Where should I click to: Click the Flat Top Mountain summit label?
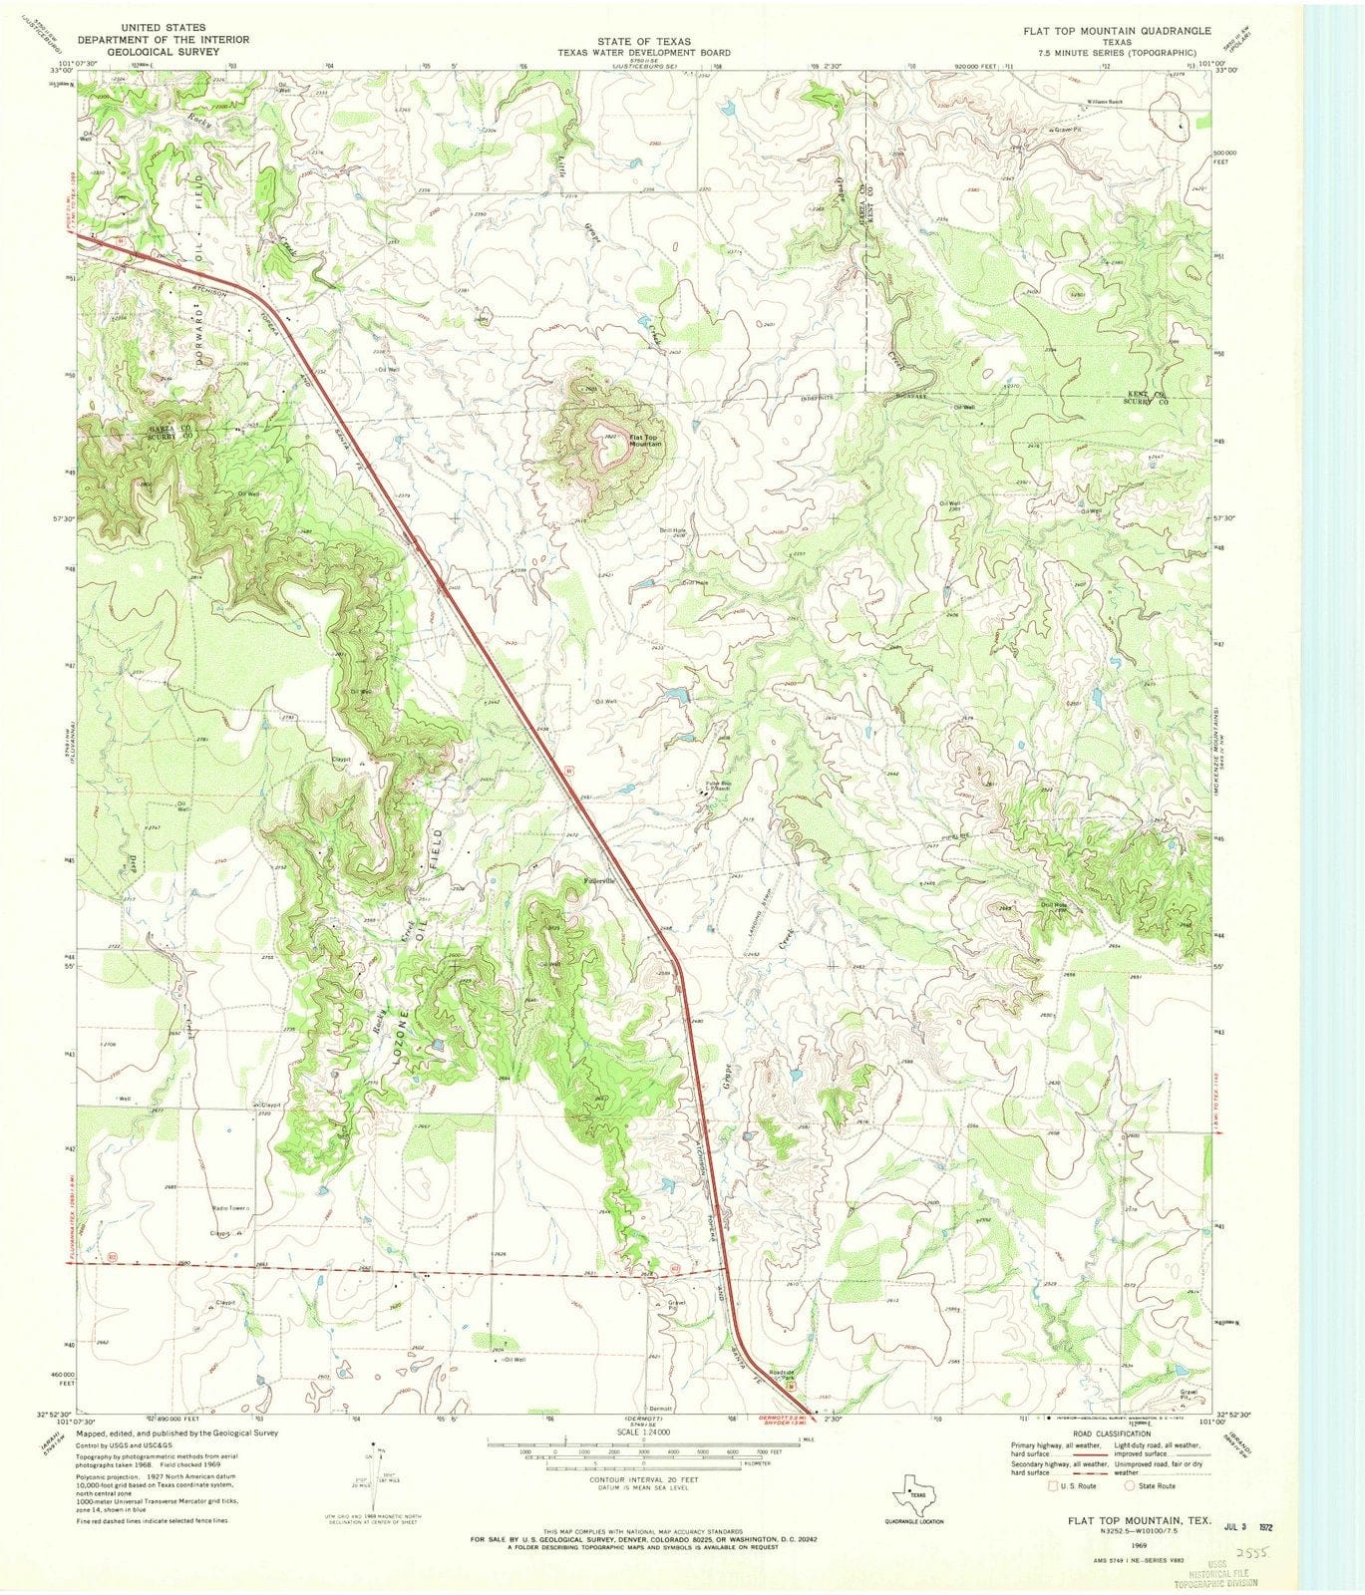(644, 440)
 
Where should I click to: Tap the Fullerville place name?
(600, 881)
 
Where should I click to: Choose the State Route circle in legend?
(1131, 1485)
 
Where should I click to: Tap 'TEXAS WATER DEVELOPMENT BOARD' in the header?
(643, 53)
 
